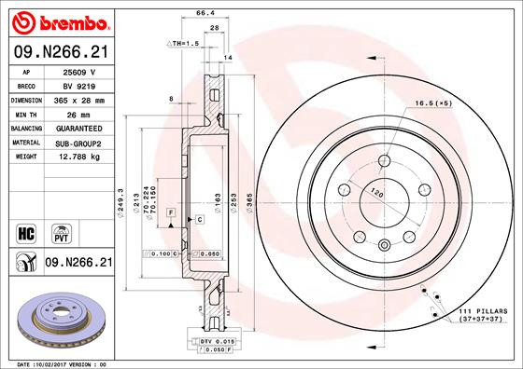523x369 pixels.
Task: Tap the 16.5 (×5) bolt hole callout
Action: pos(432,103)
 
